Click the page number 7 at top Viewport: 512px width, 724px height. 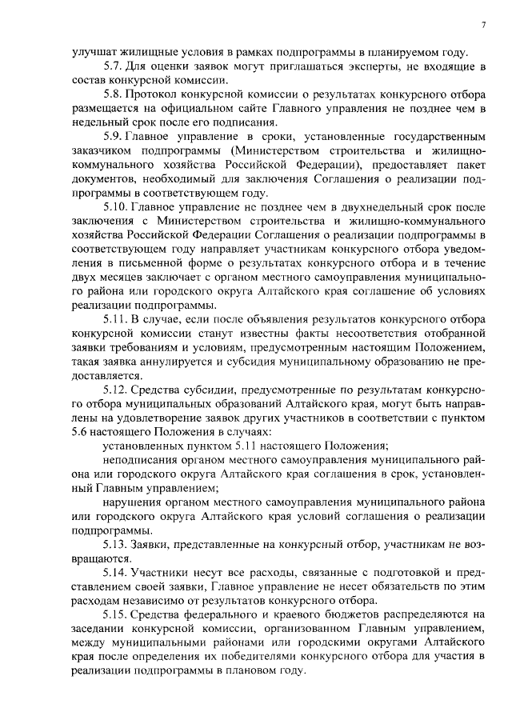(484, 25)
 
